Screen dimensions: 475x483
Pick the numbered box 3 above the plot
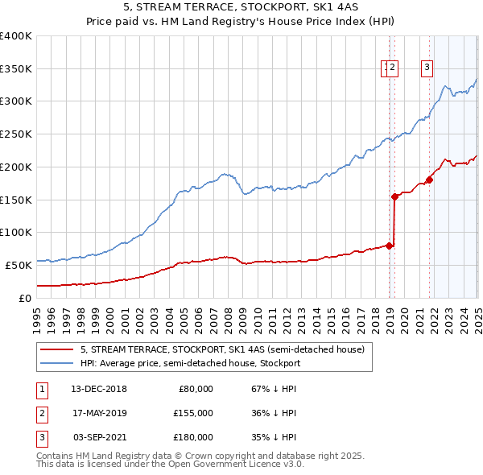coord(427,68)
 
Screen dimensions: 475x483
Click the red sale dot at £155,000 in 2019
coord(394,196)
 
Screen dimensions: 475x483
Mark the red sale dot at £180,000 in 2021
coord(429,180)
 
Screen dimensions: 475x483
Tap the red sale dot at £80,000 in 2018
coord(390,246)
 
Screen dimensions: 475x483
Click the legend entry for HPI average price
coord(190,363)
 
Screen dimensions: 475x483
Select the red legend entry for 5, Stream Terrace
coord(222,349)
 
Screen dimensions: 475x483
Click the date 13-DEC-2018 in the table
coord(99,389)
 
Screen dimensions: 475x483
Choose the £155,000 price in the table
coord(193,413)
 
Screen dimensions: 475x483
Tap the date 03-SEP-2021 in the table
coord(99,437)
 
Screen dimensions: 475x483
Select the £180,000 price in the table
coord(193,437)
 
